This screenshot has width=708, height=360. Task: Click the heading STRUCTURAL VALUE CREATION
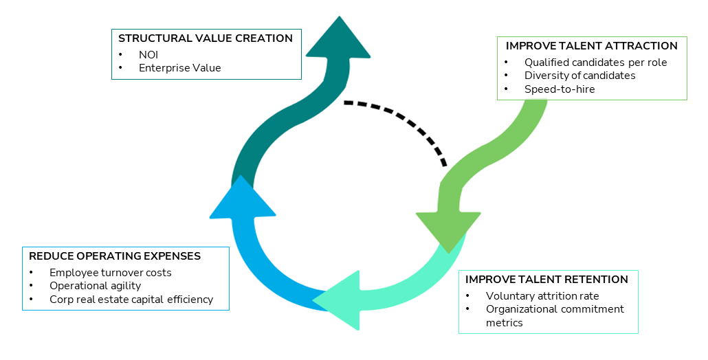[x=206, y=38]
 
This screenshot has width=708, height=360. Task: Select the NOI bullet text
[x=148, y=55]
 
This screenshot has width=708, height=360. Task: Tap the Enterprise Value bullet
[x=179, y=68]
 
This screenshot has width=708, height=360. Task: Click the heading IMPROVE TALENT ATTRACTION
[x=592, y=46]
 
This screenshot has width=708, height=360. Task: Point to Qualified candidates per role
[x=595, y=63]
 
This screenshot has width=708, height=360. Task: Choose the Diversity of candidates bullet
[x=579, y=76]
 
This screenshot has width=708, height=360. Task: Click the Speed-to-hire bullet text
[x=560, y=89]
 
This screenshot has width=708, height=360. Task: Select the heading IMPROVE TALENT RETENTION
[x=546, y=280]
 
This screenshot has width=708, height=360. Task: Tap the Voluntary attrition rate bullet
[x=542, y=296]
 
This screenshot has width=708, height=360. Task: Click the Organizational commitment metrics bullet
[x=555, y=316]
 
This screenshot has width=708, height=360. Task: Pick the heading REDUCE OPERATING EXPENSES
[x=115, y=256]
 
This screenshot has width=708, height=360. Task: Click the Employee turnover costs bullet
[x=111, y=273]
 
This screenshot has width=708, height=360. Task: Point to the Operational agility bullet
[x=96, y=286]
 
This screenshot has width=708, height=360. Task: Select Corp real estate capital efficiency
[x=131, y=300]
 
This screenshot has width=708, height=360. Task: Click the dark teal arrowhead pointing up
[x=338, y=41]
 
